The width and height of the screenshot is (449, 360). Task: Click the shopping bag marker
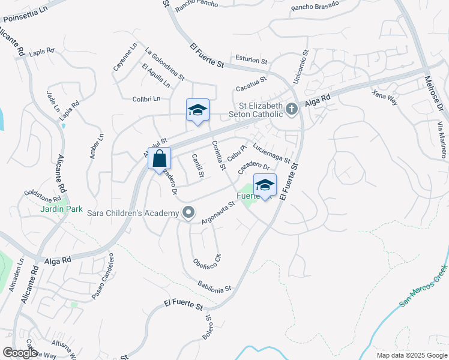pyautogui.click(x=159, y=160)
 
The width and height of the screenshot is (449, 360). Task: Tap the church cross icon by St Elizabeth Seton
pyautogui.click(x=292, y=109)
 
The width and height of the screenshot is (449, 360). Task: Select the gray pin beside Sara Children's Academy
pyautogui.click(x=189, y=213)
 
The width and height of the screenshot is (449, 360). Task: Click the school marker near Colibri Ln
pyautogui.click(x=197, y=111)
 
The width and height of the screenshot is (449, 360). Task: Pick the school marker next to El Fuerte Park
pyautogui.click(x=265, y=186)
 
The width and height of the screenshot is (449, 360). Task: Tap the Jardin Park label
pyautogui.click(x=43, y=209)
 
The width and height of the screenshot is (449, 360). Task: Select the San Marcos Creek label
pyautogui.click(x=423, y=285)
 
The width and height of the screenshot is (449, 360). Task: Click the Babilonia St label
pyautogui.click(x=214, y=286)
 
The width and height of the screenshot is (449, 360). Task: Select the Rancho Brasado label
pyautogui.click(x=315, y=5)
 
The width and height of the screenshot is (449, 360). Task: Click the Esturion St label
pyautogui.click(x=251, y=60)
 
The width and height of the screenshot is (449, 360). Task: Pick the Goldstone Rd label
pyautogui.click(x=42, y=196)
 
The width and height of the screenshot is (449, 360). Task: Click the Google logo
pyautogui.click(x=20, y=353)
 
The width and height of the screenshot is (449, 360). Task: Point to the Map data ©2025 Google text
pyautogui.click(x=411, y=355)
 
